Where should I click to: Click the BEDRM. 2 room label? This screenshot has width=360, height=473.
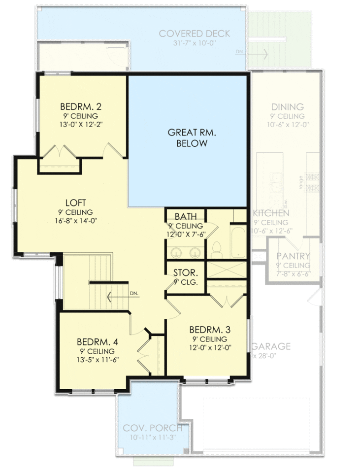pos(81,106)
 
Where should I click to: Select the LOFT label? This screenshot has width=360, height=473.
pos(76,203)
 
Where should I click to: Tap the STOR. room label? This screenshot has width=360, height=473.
pos(185,273)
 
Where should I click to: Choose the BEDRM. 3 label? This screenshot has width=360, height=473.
pos(210,330)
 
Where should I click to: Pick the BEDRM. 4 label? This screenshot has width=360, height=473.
pos(97,342)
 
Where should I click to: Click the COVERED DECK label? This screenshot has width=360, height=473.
pos(194,34)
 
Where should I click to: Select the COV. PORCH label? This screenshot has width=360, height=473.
pos(152,428)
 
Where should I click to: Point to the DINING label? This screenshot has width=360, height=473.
pos(288,107)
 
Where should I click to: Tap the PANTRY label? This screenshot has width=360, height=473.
pos(293,256)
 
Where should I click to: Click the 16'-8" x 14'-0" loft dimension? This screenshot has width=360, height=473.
pos(76,221)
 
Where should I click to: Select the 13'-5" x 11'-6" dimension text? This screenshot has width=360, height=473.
pos(97,360)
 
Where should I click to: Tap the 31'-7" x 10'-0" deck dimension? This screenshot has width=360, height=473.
pos(194,43)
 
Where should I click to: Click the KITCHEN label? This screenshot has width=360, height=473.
pos(271,213)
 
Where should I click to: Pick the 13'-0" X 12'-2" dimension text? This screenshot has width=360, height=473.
pos(81,124)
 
